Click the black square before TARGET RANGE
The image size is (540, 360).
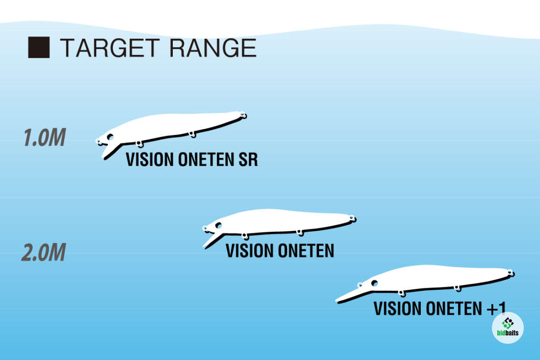tap(39, 48)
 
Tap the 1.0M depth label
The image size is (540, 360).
tap(44, 138)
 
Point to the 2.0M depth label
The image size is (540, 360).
tap(43, 253)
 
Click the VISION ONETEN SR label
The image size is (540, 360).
tap(191, 160)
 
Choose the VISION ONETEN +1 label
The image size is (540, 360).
tap(439, 308)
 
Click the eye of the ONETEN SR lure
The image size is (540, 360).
tap(110, 137)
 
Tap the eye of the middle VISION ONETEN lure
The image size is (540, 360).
tap(217, 225)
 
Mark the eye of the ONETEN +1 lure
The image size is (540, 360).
tap(375, 283)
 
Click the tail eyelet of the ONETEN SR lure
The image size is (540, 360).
tap(243, 115)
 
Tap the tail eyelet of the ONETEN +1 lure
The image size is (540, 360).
tap(511, 273)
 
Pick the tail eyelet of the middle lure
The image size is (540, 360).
tap(352, 219)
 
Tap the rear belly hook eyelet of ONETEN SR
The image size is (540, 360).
tap(192, 134)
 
